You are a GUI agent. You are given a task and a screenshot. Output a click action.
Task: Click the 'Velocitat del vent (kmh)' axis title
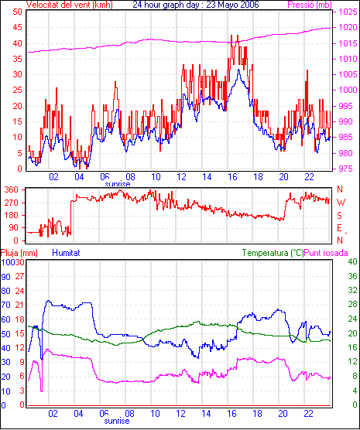pyautogui.click(x=70, y=5)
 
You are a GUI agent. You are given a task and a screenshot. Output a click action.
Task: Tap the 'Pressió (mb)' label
pyautogui.click(x=310, y=5)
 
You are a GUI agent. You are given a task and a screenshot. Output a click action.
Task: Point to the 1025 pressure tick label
pyautogui.click(x=348, y=12)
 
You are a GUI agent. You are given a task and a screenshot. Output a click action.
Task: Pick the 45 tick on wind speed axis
pyautogui.click(x=18, y=27)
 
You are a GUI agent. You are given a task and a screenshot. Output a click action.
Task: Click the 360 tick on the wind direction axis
pyautogui.click(x=12, y=189)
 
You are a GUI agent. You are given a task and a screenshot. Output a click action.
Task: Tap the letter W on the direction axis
pyautogui.click(x=341, y=203)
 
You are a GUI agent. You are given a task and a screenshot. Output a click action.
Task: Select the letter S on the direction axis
pyautogui.click(x=339, y=216)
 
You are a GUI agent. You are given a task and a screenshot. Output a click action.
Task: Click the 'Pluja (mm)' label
pyautogui.click(x=19, y=253)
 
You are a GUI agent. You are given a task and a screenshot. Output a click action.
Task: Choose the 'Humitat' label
pyautogui.click(x=66, y=253)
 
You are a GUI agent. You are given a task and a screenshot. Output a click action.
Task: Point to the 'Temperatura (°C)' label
pyautogui.click(x=273, y=253)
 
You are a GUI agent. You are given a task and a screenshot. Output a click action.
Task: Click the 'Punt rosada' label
pyautogui.click(x=326, y=253)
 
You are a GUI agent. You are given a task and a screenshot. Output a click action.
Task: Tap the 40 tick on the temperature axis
pyautogui.click(x=352, y=261)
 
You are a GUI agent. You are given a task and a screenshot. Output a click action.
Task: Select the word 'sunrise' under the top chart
pyautogui.click(x=117, y=184)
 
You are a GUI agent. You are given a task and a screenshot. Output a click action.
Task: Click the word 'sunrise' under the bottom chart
pyautogui.click(x=117, y=421)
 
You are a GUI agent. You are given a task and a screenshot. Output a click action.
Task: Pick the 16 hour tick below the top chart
pyautogui.click(x=232, y=177)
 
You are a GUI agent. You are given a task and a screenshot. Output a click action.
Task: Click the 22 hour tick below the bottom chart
pyautogui.click(x=309, y=413)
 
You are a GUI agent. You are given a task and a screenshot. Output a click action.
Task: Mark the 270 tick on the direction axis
pyautogui.click(x=12, y=203)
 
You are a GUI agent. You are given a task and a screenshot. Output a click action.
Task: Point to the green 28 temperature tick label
pyautogui.click(x=352, y=304)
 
